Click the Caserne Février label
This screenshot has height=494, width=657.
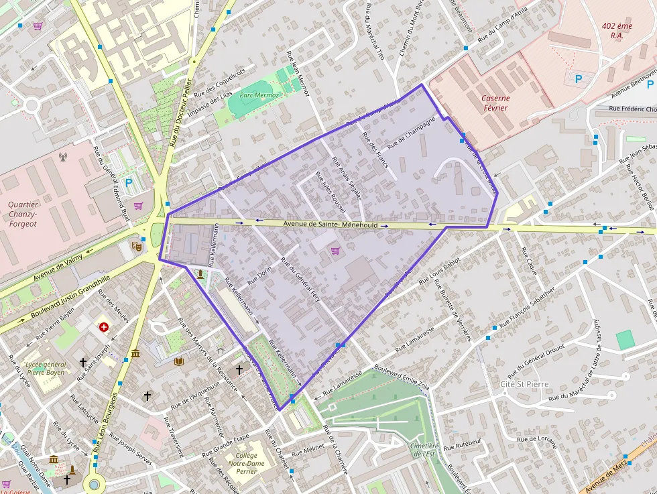tap(495, 103)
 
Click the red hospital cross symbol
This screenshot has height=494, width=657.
tap(104, 327)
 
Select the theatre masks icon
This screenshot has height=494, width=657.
tap(137, 246)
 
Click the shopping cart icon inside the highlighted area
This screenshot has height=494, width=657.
tap(335, 251)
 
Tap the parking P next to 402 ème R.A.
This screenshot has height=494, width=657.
tap(579, 78)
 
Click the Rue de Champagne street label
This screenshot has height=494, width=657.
tap(411, 132)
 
